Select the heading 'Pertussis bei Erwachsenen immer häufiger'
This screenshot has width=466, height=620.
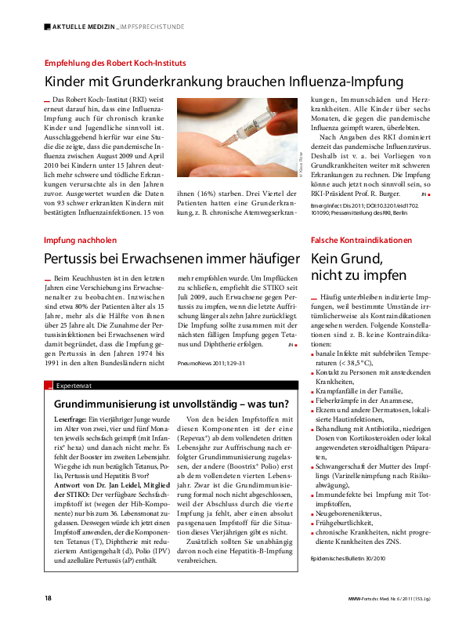point(172,259)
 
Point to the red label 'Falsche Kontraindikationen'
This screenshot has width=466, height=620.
point(361,239)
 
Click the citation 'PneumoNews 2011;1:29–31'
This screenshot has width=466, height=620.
point(211,362)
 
